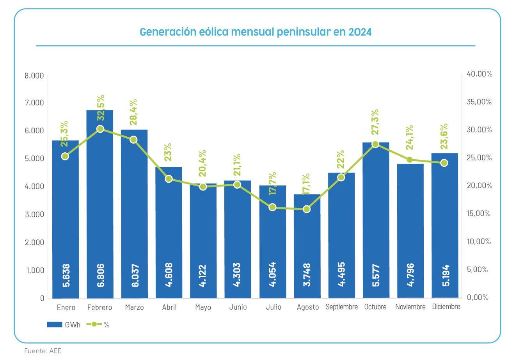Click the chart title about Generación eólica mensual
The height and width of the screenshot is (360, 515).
tap(256, 32)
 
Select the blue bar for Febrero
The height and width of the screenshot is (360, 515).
tap(100, 203)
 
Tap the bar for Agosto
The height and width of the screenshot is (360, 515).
tap(307, 246)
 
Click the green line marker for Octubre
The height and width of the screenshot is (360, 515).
tap(375, 144)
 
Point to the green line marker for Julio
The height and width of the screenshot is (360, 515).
tap(272, 207)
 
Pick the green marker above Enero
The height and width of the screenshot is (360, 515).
tap(65, 156)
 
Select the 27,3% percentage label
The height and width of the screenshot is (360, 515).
tap(375, 122)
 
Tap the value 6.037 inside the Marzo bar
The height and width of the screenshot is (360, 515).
tap(135, 276)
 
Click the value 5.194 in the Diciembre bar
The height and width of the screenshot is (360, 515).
tap(446, 276)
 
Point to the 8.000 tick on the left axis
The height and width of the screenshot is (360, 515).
tap(34, 75)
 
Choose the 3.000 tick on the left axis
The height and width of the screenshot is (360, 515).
tap(34, 214)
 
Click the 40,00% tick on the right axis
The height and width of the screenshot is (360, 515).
tap(479, 74)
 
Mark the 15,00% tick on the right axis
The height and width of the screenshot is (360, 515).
tap(479, 214)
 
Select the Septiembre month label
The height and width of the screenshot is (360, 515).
tap(341, 307)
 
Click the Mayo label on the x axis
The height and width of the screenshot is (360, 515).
tap(203, 307)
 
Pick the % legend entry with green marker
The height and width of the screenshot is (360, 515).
tap(98, 324)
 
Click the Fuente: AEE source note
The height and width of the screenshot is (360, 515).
tap(43, 351)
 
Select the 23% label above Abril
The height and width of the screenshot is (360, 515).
tap(169, 152)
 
